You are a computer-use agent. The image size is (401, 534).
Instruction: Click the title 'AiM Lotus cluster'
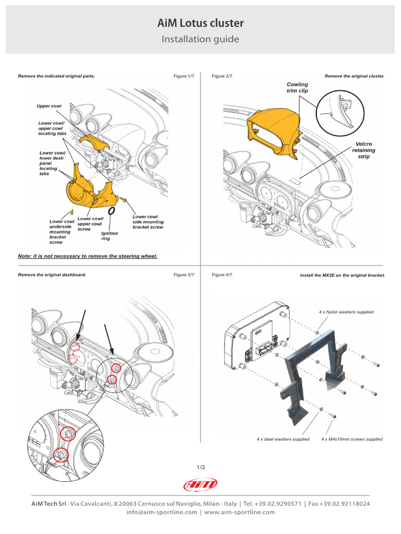pos(200,23)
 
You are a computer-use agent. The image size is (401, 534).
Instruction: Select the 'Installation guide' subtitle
pos(200,39)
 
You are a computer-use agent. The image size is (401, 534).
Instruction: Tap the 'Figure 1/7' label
pos(184,76)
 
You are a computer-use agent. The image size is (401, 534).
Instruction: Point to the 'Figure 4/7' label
pos(222,275)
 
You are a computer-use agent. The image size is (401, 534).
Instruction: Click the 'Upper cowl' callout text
pos(49,106)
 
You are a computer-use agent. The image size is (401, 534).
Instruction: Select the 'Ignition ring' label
pos(110,236)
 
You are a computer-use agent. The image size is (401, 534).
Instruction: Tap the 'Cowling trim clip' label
pos(298,87)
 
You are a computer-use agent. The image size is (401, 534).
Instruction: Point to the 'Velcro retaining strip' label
pos(363,150)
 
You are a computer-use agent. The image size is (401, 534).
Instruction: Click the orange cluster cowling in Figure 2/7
pos(274,130)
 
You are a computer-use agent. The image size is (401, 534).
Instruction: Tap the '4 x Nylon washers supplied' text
pos(346,312)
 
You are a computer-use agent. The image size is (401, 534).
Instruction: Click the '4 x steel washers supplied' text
pos(283,439)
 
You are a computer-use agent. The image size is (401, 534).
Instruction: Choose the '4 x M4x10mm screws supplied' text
pos(352,439)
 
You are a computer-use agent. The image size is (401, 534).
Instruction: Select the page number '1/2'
pos(200,467)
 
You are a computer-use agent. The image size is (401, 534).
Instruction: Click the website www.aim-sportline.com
pos(240,512)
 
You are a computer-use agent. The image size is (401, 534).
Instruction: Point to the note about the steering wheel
pos(88,256)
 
